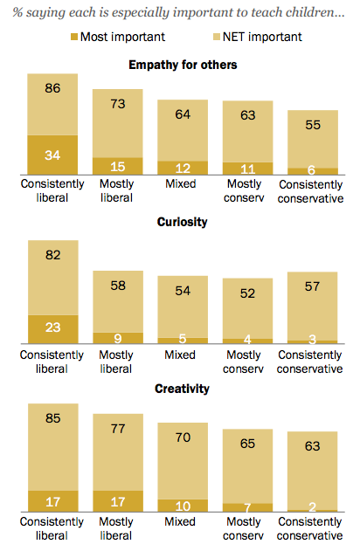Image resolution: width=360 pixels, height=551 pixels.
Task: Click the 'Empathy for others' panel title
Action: pyautogui.click(x=183, y=65)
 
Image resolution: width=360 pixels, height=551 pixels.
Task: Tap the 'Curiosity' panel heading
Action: pyautogui.click(x=183, y=223)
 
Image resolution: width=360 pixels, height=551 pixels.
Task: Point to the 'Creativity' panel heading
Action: pyautogui.click(x=183, y=389)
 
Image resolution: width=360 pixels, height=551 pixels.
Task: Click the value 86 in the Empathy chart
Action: pyautogui.click(x=53, y=88)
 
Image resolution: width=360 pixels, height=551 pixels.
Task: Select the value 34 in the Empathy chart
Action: pyautogui.click(x=53, y=156)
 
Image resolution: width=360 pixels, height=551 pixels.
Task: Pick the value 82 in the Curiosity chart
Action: pyautogui.click(x=53, y=254)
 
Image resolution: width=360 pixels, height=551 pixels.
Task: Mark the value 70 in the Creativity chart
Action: pyautogui.click(x=183, y=437)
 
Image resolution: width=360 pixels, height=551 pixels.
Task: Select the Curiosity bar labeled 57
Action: pyautogui.click(x=312, y=309)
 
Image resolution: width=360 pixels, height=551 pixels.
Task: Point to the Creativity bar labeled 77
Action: pyautogui.click(x=118, y=454)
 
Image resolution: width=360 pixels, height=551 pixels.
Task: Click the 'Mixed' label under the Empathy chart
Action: pyautogui.click(x=183, y=184)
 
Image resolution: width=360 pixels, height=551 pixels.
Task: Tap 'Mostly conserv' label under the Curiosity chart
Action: pyautogui.click(x=247, y=362)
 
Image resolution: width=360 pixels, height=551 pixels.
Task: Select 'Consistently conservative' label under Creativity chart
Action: pyautogui.click(x=312, y=529)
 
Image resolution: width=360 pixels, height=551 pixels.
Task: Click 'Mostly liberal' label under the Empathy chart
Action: pyautogui.click(x=118, y=190)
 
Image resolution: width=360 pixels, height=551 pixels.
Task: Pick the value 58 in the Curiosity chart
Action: pyautogui.click(x=118, y=286)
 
